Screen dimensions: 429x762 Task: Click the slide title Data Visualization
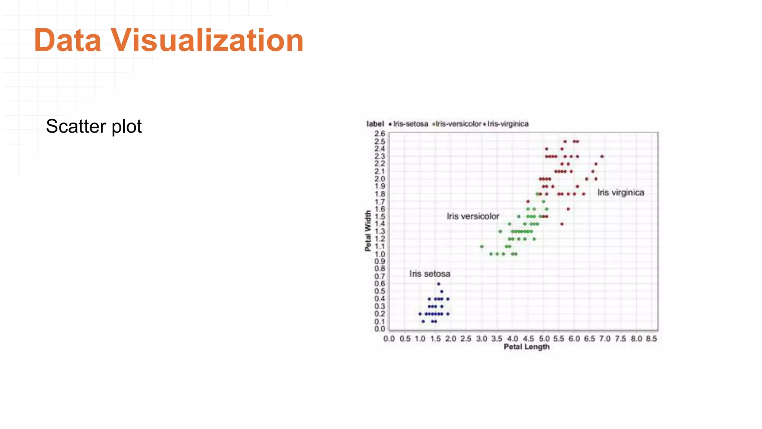(169, 40)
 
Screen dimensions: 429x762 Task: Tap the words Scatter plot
(94, 126)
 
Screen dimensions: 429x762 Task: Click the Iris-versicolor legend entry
(458, 124)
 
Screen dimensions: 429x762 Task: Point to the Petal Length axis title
(526, 347)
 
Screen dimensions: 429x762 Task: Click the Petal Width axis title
(368, 231)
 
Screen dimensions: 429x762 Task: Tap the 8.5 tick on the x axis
(651, 339)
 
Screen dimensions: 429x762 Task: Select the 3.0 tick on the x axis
(481, 339)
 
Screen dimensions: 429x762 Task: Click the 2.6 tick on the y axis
(380, 133)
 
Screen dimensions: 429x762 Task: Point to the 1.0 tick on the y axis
(380, 254)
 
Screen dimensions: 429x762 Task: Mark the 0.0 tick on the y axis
(380, 329)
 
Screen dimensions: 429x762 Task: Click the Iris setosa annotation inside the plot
(430, 274)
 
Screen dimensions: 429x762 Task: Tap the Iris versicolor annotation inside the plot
(473, 216)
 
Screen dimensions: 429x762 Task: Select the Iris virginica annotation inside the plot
(621, 193)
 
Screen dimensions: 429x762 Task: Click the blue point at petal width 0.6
(438, 284)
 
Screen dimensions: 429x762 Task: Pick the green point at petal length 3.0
(481, 247)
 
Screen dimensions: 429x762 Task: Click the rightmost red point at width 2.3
(602, 156)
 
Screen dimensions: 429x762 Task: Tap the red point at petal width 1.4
(562, 224)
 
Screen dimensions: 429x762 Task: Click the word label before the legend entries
(375, 124)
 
